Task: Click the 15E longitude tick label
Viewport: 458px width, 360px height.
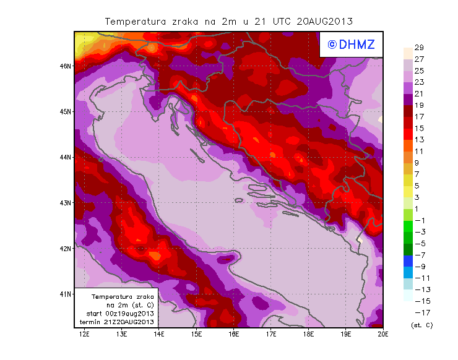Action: [196, 334]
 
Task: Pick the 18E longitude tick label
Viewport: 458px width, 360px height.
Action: [308, 334]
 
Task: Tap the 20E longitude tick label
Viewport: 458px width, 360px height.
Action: [383, 334]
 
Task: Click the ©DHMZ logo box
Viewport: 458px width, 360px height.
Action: [350, 44]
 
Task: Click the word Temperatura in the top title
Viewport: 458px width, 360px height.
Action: [134, 21]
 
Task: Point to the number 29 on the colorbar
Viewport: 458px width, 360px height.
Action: [418, 48]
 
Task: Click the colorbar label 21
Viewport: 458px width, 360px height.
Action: [418, 93]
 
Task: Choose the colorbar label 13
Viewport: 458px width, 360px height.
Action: [418, 139]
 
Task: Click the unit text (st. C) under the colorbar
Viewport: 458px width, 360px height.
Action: [421, 325]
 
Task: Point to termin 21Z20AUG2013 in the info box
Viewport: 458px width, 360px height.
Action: [116, 322]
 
